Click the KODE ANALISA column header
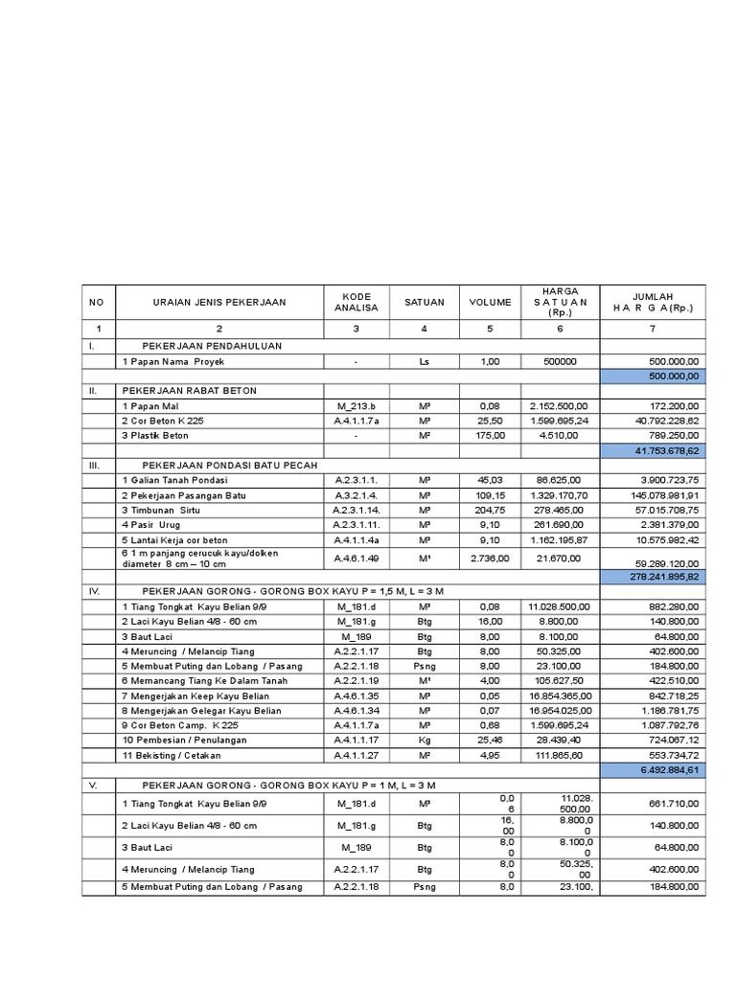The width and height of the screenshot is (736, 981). pyautogui.click(x=356, y=302)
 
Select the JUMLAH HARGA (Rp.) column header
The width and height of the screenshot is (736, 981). pyautogui.click(x=652, y=302)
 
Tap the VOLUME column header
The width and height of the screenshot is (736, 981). pyautogui.click(x=490, y=302)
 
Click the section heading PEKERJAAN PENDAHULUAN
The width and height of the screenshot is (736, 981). pyautogui.click(x=212, y=345)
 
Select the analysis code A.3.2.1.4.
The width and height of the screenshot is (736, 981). pyautogui.click(x=356, y=494)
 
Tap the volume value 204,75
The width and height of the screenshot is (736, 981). pyautogui.click(x=490, y=511)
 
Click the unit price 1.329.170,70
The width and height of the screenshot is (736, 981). pyautogui.click(x=561, y=494)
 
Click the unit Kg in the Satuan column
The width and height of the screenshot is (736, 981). pyautogui.click(x=424, y=740)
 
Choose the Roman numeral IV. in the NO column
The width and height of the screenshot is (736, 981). pyautogui.click(x=95, y=592)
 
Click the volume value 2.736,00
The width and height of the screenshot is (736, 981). pyautogui.click(x=490, y=557)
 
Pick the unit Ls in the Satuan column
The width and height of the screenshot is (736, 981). pyautogui.click(x=424, y=361)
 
